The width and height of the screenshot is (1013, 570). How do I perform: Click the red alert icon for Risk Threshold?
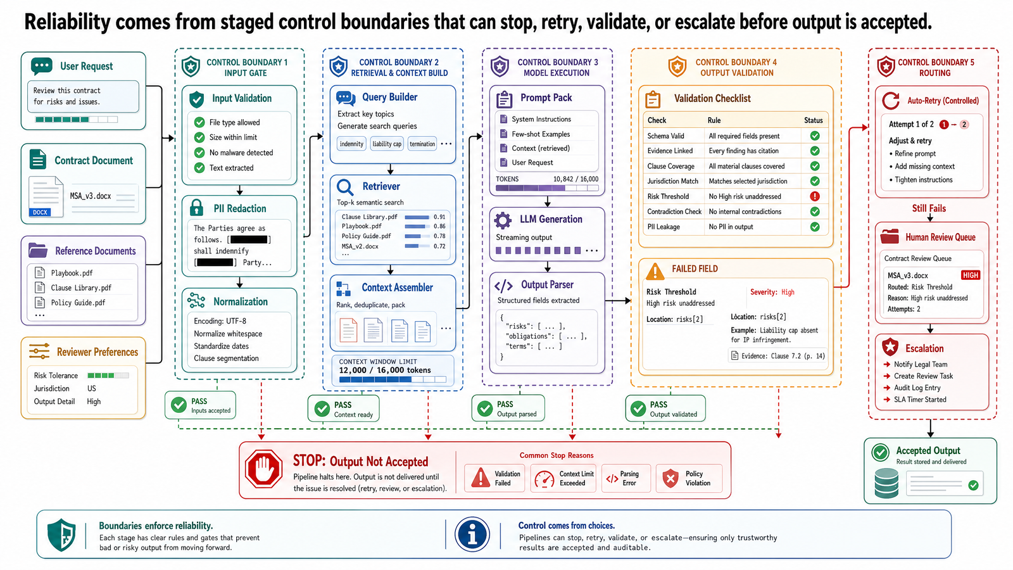click(x=814, y=196)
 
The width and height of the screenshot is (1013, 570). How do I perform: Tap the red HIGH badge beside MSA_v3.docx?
click(x=970, y=275)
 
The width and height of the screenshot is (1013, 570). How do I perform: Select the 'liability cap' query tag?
click(x=387, y=144)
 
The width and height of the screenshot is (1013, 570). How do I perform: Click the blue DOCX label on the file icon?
click(x=41, y=212)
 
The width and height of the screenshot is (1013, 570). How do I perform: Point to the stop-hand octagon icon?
click(x=263, y=469)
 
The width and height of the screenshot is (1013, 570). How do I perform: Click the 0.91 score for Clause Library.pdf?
click(x=439, y=217)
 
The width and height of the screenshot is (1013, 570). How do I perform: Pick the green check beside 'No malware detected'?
click(x=199, y=153)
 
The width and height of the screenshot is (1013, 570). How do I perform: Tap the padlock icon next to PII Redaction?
click(x=196, y=208)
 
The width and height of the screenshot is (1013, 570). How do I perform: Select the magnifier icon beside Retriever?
click(x=344, y=186)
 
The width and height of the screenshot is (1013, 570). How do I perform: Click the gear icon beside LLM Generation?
click(x=503, y=220)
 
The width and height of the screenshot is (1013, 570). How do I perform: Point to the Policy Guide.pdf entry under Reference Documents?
click(x=78, y=303)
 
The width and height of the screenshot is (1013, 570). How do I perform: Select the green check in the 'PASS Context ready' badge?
click(x=322, y=409)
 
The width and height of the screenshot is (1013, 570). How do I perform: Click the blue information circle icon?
click(x=472, y=535)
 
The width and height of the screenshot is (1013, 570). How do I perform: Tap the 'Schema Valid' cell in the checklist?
click(x=665, y=136)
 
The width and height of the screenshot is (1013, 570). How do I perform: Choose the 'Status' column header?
click(x=813, y=120)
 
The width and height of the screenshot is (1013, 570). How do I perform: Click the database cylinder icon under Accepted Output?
click(x=887, y=483)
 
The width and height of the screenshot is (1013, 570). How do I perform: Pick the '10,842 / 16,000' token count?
click(x=576, y=179)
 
